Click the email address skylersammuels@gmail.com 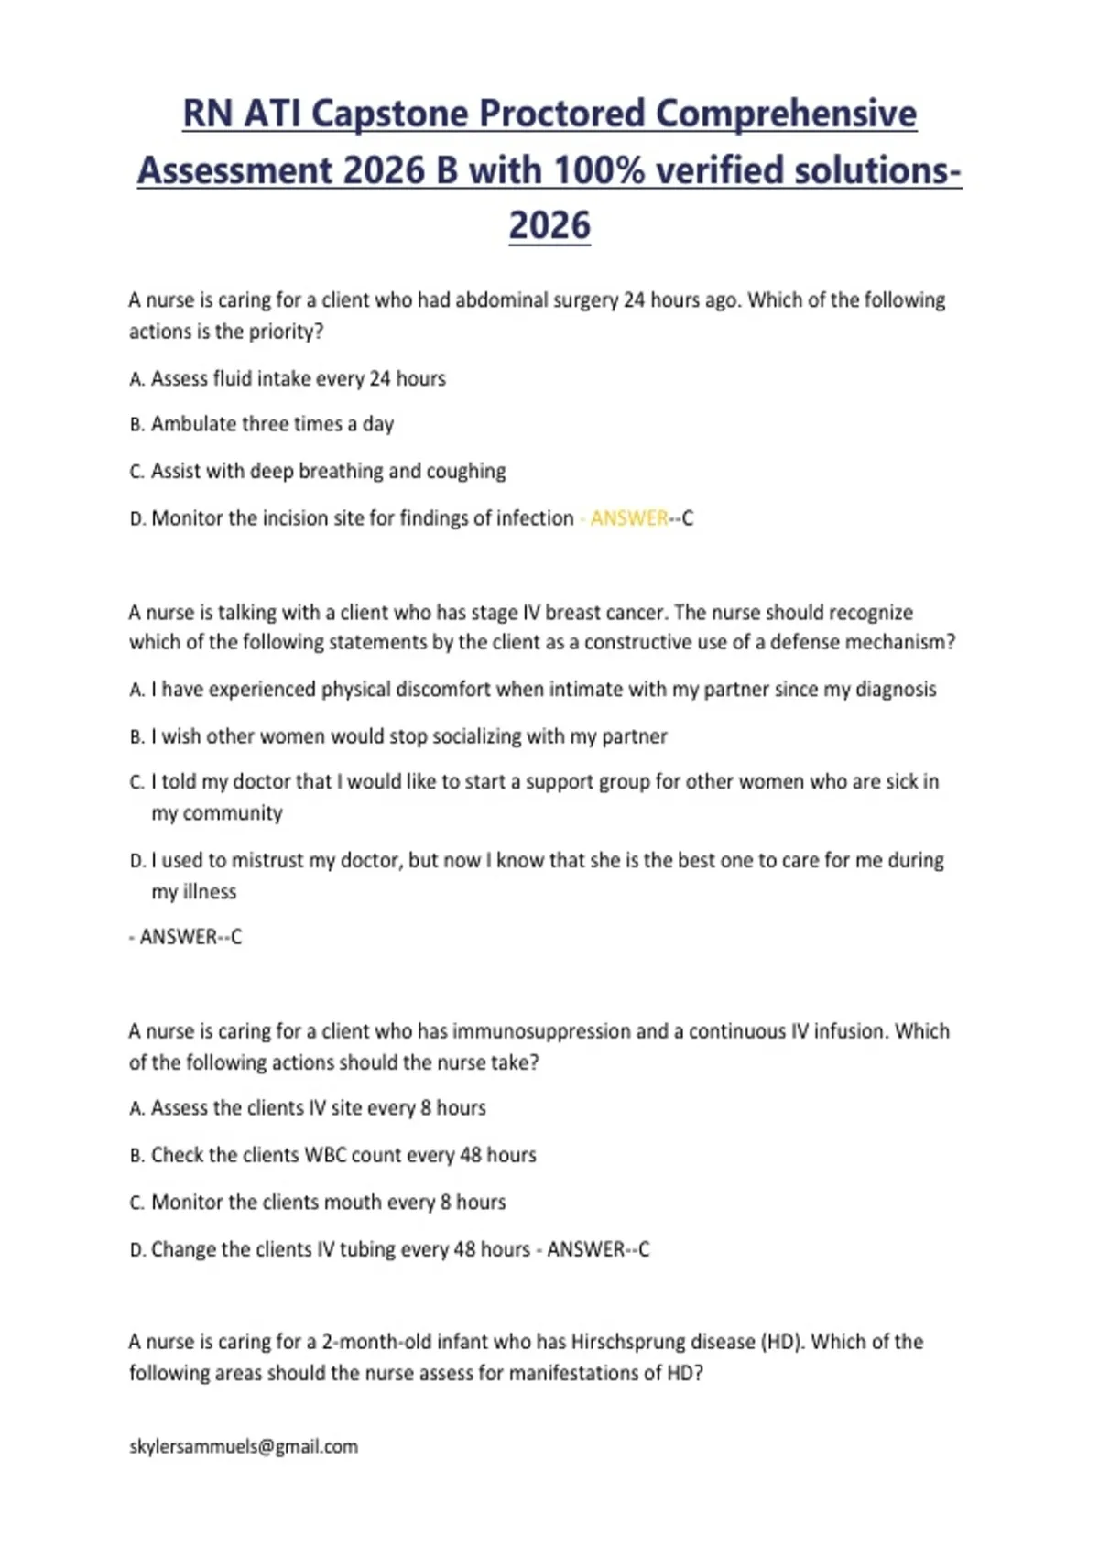[244, 1447]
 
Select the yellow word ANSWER [629, 518]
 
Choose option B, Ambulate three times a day [272, 424]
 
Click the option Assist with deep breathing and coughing [328, 472]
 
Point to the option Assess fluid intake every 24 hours [298, 379]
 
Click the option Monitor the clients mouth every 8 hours [328, 1203]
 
